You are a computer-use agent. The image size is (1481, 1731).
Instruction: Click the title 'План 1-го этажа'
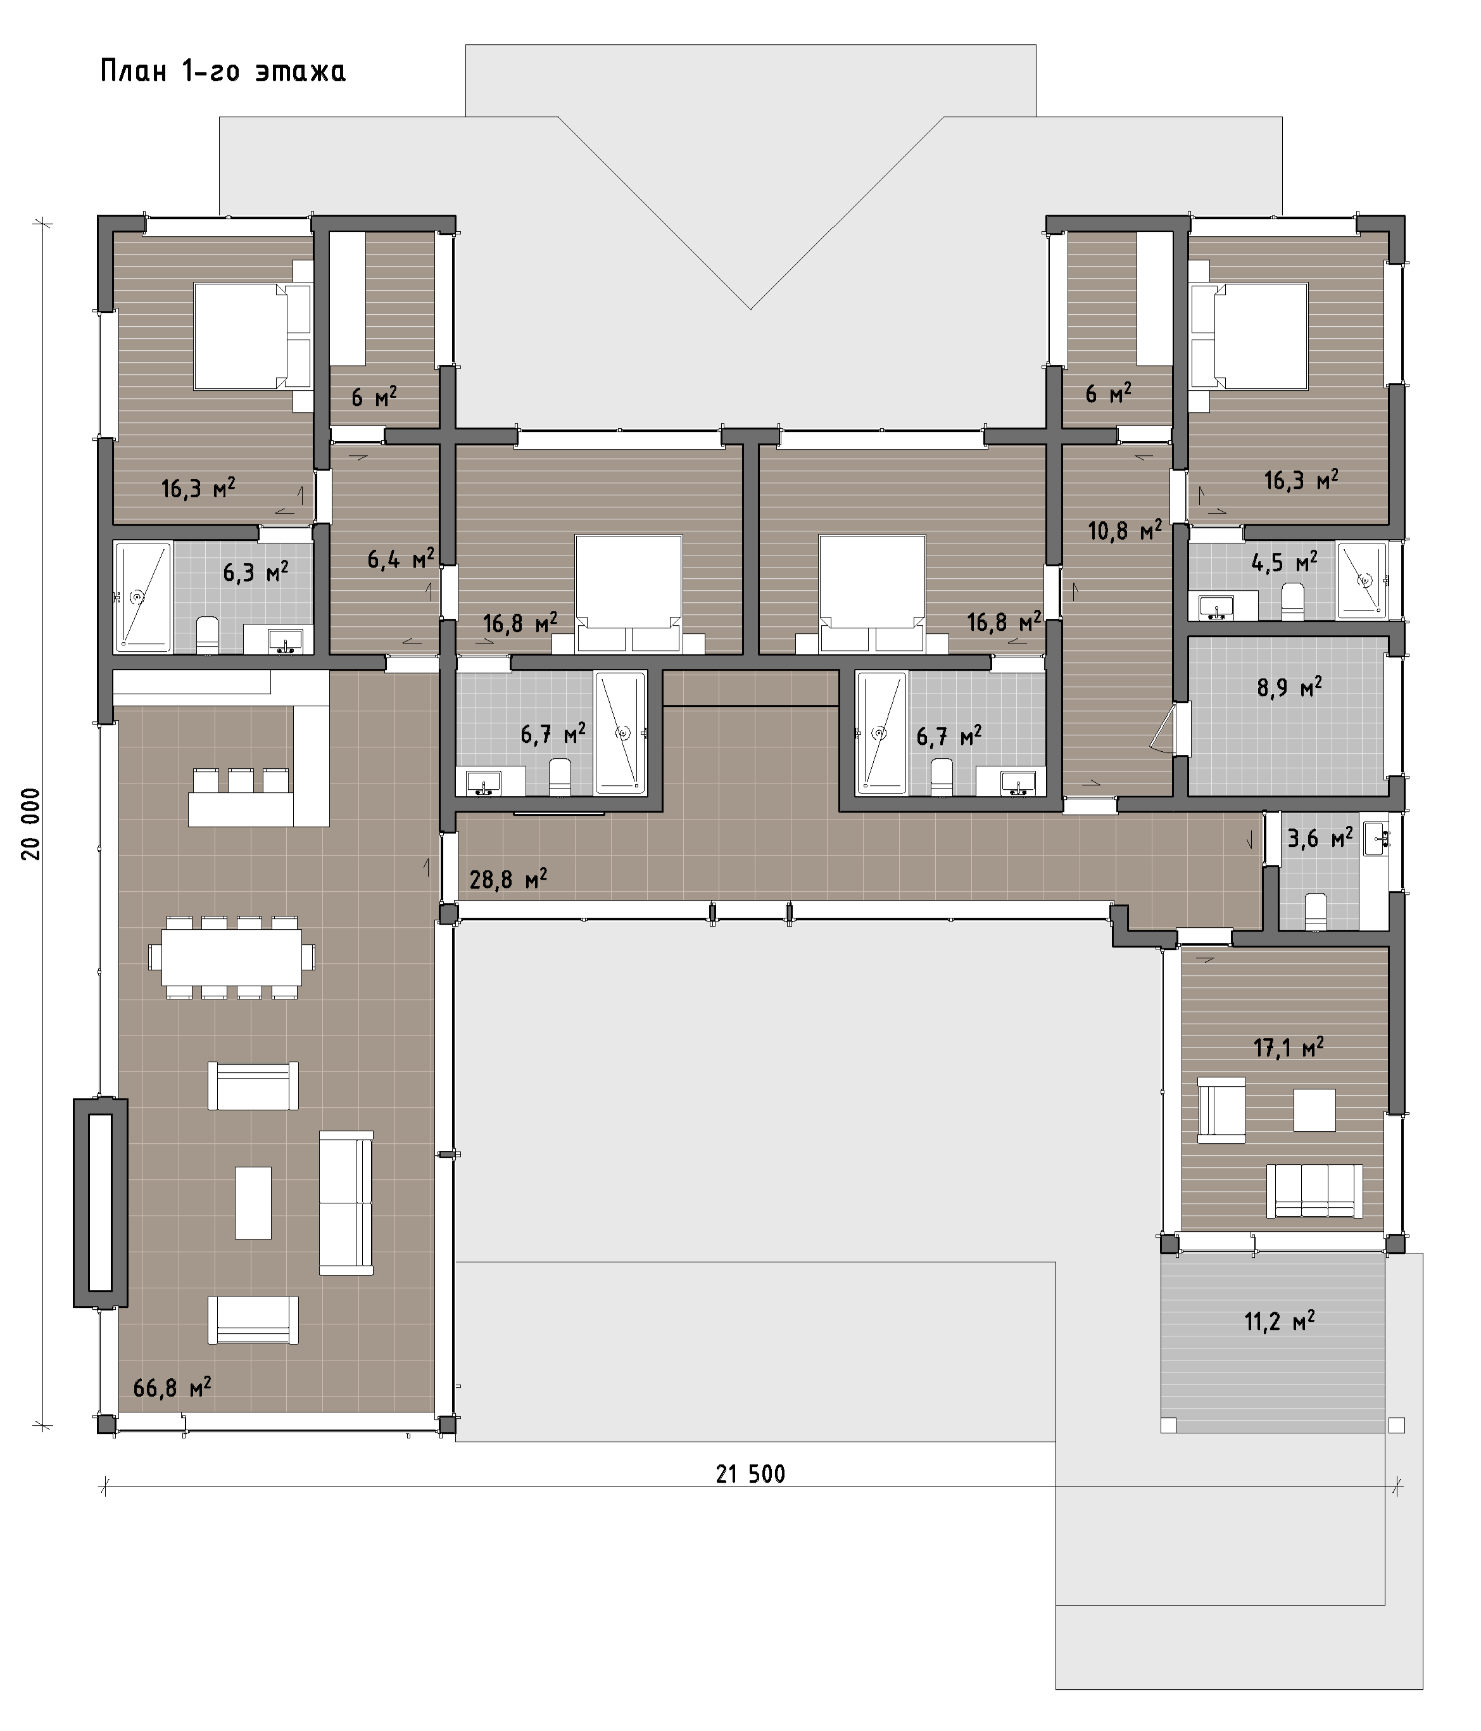point(223,72)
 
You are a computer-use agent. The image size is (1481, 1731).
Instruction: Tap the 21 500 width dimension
point(750,1474)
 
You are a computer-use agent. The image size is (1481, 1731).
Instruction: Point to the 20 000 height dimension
point(32,824)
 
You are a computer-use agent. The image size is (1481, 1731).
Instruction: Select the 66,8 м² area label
point(172,1388)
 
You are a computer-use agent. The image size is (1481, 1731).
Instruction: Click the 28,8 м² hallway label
point(508,879)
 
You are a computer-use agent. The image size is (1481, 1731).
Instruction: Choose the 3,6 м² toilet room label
point(1320,838)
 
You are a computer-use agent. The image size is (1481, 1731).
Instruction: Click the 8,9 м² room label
point(1289,688)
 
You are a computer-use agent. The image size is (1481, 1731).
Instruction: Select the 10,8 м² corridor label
point(1125,529)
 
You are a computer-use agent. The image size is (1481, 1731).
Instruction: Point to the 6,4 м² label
point(401,558)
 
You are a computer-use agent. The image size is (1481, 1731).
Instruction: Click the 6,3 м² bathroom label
point(256,573)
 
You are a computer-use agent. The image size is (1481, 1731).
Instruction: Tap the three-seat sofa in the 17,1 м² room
point(1314,1191)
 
